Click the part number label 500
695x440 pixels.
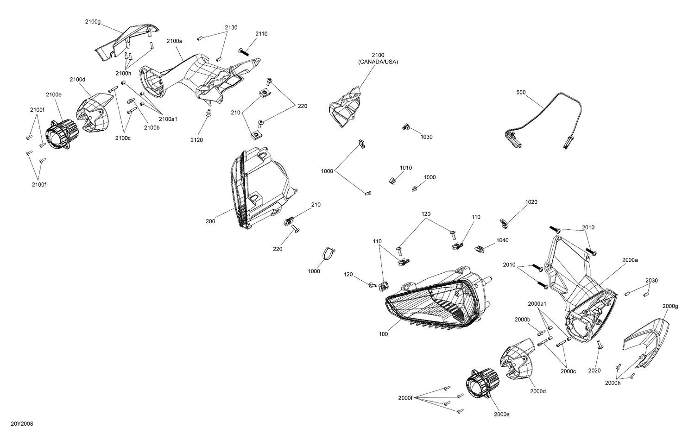pyautogui.click(x=521, y=93)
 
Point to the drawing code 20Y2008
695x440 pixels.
pyautogui.click(x=22, y=424)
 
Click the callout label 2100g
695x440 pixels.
pyautogui.click(x=92, y=22)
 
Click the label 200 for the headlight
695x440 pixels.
pyautogui.click(x=210, y=221)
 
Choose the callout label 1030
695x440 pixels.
pyautogui.click(x=426, y=137)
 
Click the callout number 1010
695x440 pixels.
pyautogui.click(x=406, y=168)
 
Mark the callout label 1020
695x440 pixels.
pyautogui.click(x=531, y=202)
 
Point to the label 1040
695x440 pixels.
pyautogui.click(x=502, y=240)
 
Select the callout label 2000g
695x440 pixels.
pyautogui.click(x=670, y=306)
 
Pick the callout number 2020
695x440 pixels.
pyautogui.click(x=594, y=371)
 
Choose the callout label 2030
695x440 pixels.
pyautogui.click(x=651, y=280)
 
